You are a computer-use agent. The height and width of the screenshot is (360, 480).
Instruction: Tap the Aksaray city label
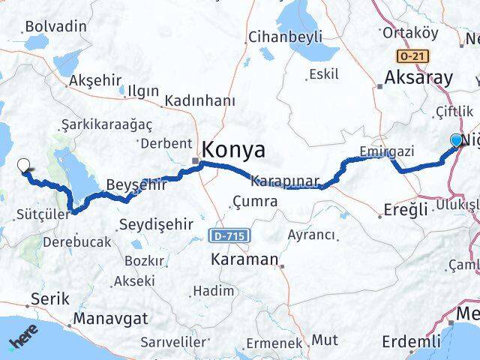418,77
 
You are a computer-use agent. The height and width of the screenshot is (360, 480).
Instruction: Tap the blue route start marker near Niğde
456,140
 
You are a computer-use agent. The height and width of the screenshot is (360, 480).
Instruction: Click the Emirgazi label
386,151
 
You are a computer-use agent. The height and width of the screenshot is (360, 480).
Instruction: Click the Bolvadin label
55,26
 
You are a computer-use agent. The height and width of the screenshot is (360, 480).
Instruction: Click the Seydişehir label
155,224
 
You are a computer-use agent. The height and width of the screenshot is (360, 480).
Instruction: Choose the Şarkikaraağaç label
106,124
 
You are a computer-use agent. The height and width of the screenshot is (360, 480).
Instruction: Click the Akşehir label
94,80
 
